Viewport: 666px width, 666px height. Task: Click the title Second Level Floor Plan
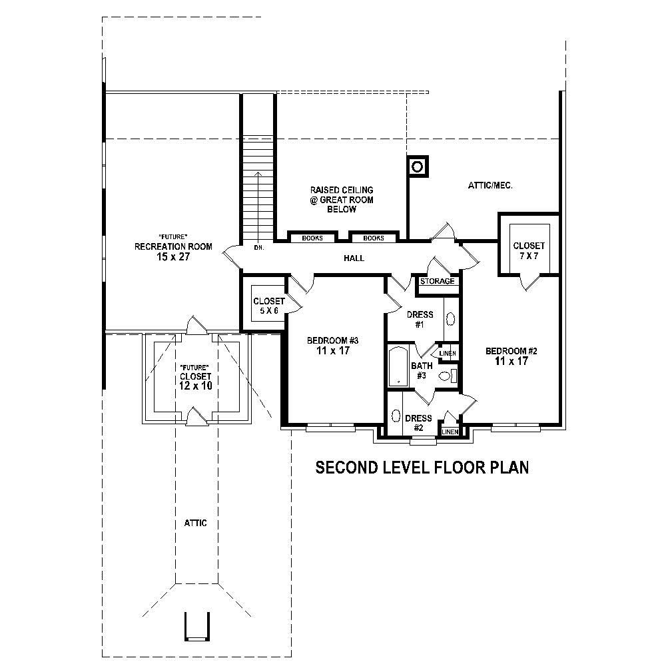point(422,468)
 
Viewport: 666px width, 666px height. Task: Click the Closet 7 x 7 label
point(529,251)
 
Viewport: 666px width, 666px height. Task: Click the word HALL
point(354,258)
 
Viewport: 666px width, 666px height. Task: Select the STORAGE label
point(437,281)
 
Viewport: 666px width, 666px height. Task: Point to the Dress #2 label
point(418,423)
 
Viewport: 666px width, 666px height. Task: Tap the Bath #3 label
point(421,371)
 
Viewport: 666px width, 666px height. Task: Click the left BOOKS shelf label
point(312,238)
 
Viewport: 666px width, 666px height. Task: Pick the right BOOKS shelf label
point(373,238)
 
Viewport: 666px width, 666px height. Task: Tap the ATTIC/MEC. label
point(490,186)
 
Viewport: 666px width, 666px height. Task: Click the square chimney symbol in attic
point(418,167)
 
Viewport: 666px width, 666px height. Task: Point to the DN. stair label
point(259,248)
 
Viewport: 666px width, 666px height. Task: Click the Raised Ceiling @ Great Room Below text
point(342,200)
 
